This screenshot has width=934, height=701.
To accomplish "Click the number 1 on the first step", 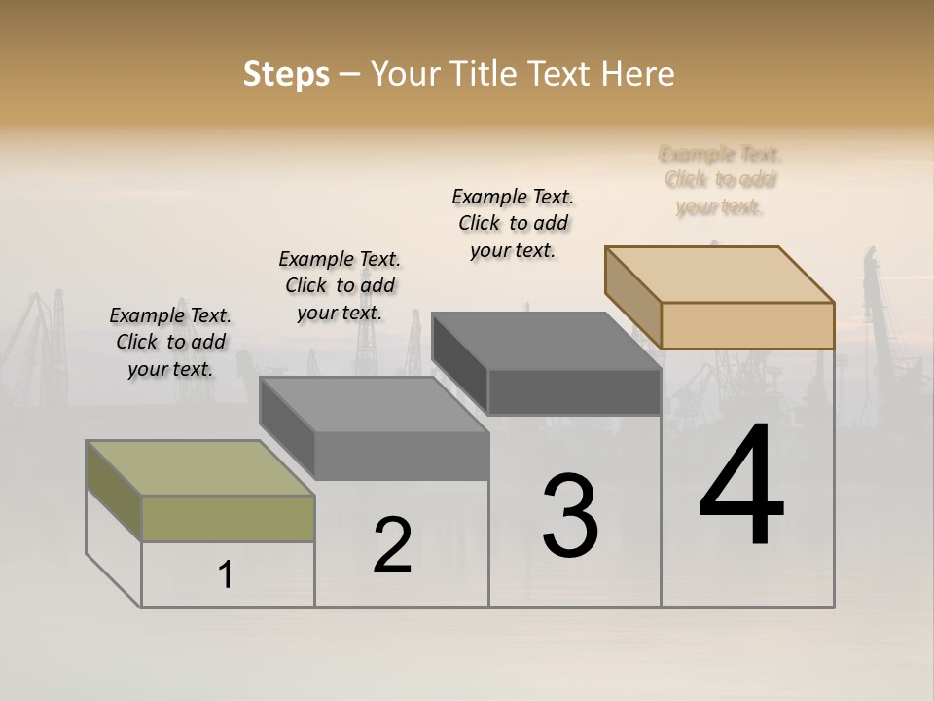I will pyautogui.click(x=226, y=575).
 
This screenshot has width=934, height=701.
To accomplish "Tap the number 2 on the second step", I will pyautogui.click(x=392, y=545).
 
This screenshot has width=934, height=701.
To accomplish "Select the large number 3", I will pyautogui.click(x=570, y=516).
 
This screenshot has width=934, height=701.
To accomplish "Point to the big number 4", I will pyautogui.click(x=742, y=487).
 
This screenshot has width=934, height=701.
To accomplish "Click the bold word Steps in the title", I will pyautogui.click(x=286, y=74).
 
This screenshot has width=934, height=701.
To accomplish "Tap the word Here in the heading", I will pyautogui.click(x=638, y=74).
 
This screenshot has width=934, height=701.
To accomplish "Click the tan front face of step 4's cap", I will pyautogui.click(x=747, y=325).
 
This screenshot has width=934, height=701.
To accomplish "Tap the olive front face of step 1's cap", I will pyautogui.click(x=228, y=518).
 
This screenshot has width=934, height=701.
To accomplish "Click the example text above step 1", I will pyautogui.click(x=170, y=342).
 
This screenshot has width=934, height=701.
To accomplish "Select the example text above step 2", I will pyautogui.click(x=340, y=285).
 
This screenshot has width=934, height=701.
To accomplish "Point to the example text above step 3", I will pyautogui.click(x=513, y=223).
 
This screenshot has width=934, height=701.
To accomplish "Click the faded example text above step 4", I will pyautogui.click(x=720, y=180).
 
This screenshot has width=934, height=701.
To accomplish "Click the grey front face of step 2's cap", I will pyautogui.click(x=401, y=456).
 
